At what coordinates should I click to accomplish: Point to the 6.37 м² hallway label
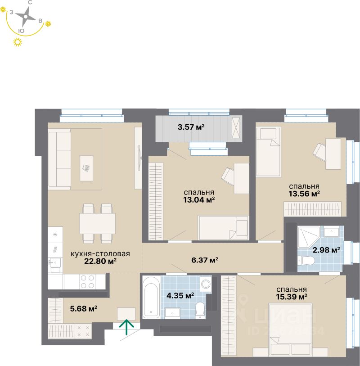(204, 260)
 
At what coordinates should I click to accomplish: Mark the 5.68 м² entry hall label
(84, 308)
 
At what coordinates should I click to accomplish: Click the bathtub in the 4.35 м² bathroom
(150, 298)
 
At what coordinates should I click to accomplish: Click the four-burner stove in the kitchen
(88, 281)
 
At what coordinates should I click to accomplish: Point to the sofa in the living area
(60, 158)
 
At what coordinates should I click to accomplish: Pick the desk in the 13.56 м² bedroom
(333, 154)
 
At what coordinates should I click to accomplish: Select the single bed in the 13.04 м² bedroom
(223, 228)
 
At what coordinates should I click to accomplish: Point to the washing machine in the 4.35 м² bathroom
(206, 284)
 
